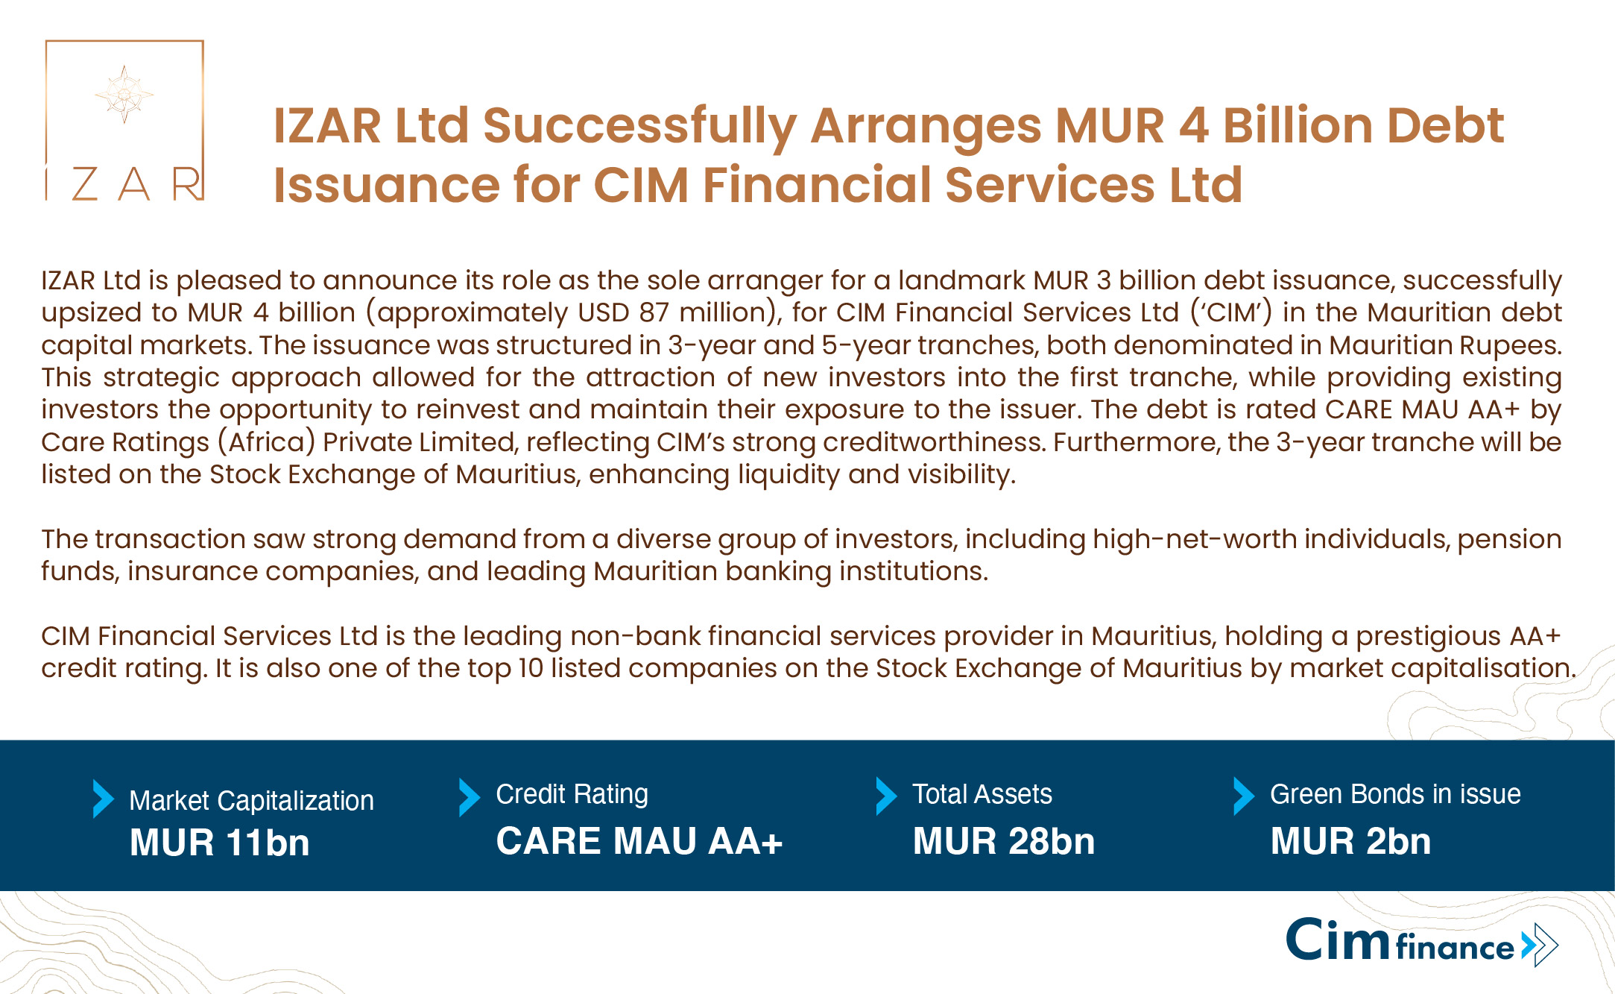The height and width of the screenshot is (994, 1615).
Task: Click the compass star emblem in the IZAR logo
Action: tap(124, 94)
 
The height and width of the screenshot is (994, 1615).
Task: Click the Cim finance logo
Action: tap(1422, 942)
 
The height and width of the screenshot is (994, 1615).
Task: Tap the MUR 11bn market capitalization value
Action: tap(219, 843)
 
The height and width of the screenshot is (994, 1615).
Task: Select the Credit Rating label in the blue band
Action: tap(572, 795)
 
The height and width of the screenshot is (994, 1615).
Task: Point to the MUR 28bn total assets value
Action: tap(1004, 841)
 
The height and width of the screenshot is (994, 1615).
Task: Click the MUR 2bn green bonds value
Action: tap(1350, 841)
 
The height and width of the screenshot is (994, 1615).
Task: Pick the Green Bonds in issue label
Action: tap(1395, 794)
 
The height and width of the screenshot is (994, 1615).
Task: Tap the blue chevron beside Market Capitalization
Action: tap(103, 799)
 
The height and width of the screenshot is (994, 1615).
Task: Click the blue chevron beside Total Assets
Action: tap(886, 796)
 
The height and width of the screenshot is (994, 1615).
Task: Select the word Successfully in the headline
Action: tap(639, 127)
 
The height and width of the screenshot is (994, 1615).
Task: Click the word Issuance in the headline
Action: tap(386, 185)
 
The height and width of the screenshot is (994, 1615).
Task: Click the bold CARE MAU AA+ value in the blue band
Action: tap(639, 841)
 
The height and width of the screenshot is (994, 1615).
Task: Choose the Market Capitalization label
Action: tap(251, 801)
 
